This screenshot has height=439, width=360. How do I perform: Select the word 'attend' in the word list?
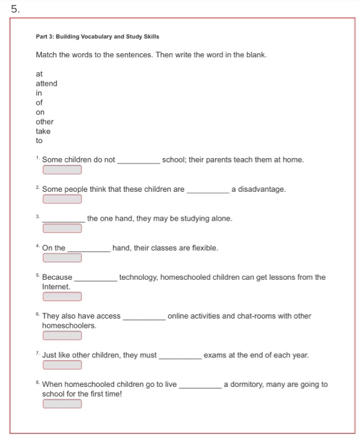point(46,83)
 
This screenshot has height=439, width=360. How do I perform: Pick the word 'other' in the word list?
point(45,122)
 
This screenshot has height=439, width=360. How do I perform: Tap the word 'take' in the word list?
point(43,131)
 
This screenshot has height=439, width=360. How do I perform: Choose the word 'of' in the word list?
point(40,102)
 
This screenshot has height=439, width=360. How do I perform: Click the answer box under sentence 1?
point(62,169)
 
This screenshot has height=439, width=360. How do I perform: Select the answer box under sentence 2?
point(62,199)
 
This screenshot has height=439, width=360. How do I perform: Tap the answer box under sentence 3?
point(62,228)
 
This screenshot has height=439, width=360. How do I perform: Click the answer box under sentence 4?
point(62,257)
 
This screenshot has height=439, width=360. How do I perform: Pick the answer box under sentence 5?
point(62,296)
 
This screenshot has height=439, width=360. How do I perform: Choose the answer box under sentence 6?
point(62,335)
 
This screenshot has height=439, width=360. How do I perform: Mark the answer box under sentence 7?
point(62,364)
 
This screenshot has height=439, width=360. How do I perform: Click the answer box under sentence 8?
point(62,403)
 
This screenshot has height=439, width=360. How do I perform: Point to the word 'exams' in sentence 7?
point(214,355)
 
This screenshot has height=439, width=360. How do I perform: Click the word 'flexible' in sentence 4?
point(205,248)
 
